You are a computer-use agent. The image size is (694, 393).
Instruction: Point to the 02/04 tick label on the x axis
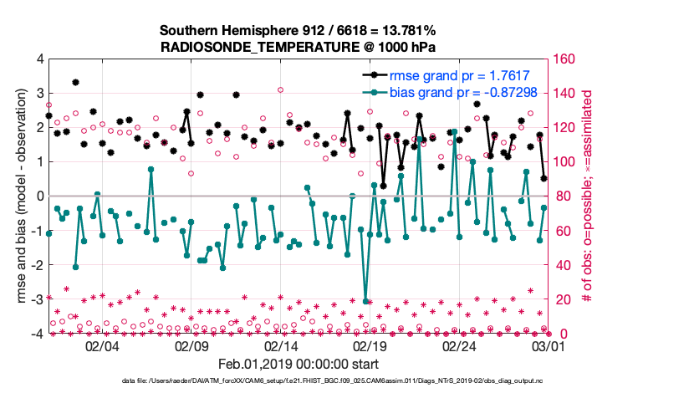click(102, 346)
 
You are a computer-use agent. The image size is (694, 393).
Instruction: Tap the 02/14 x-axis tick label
click(280, 346)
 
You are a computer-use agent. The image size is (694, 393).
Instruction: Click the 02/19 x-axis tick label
click(369, 346)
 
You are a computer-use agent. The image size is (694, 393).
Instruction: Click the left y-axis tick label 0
click(39, 196)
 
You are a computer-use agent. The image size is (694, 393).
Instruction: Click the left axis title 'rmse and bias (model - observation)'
click(18, 196)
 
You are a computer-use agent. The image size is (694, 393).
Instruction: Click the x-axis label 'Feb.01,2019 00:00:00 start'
click(298, 365)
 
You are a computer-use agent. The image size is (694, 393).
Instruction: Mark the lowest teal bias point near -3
click(366, 301)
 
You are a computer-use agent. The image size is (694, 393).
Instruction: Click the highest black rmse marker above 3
click(75, 82)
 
